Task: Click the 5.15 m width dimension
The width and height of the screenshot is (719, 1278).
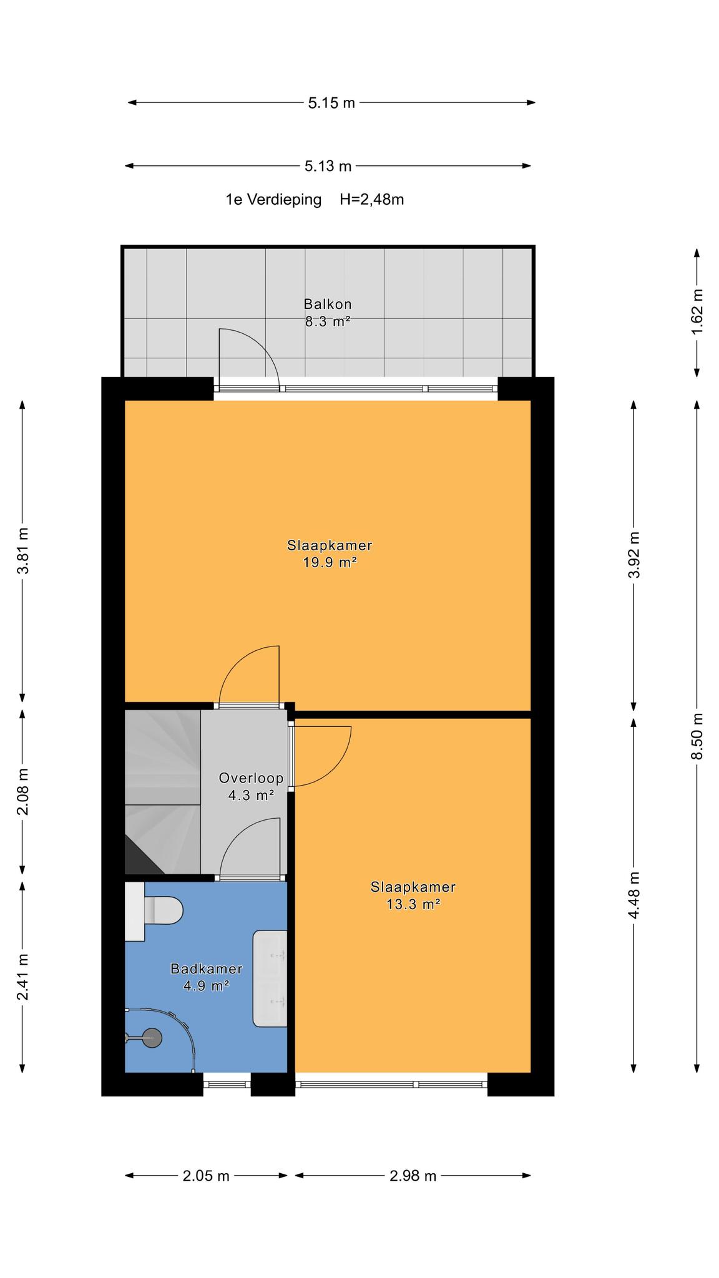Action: [331, 103]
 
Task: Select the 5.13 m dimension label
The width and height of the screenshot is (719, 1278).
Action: [328, 166]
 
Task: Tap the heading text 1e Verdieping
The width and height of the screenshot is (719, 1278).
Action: [274, 200]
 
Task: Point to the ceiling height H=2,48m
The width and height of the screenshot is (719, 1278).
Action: [372, 200]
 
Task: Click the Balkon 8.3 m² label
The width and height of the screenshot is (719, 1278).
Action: [328, 313]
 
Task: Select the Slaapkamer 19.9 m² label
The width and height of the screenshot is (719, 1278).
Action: [330, 554]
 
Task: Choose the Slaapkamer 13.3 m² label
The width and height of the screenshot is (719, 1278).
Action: [413, 895]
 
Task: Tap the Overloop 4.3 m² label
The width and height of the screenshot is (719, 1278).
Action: [252, 787]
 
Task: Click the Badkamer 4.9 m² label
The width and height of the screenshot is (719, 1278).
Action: [207, 977]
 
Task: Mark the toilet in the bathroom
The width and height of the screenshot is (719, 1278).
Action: [154, 912]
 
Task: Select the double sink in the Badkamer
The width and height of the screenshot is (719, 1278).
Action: [270, 978]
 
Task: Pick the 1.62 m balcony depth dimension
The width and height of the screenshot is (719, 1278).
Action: [697, 311]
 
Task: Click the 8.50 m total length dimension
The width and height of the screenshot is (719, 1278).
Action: [697, 736]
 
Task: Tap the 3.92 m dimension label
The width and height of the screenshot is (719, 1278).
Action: [634, 555]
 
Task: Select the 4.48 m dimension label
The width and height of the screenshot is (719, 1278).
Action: [634, 895]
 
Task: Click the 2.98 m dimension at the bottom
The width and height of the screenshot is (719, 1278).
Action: [413, 1176]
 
